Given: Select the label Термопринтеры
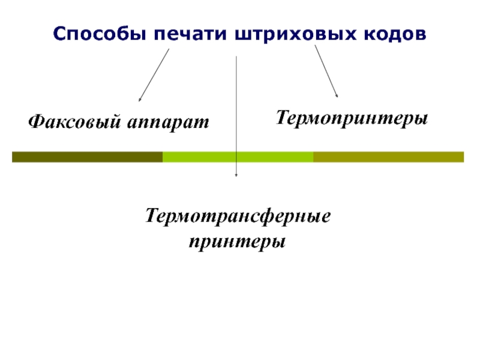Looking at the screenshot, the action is (x=352, y=118).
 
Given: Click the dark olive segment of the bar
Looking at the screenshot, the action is (x=87, y=157).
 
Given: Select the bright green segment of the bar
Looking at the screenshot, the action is (x=238, y=157).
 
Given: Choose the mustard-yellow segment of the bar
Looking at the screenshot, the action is (x=388, y=157).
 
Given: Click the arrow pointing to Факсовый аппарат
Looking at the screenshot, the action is (x=154, y=74).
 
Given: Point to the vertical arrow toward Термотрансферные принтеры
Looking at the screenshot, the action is (x=237, y=114).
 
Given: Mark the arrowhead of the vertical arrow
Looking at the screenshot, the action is (x=237, y=175).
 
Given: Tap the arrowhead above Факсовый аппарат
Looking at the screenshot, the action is (x=140, y=100).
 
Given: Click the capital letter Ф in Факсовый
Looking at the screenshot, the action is (x=35, y=122).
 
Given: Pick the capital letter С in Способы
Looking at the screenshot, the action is (x=58, y=34).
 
